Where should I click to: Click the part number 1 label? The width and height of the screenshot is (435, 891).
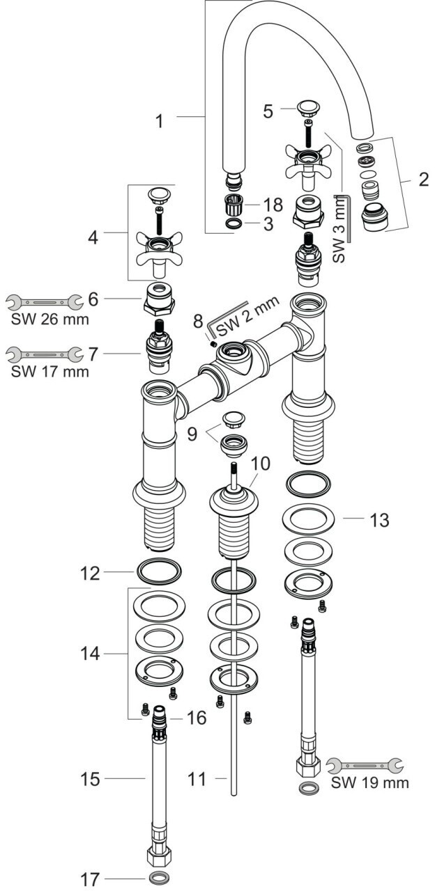160,121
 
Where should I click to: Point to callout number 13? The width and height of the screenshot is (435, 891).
380,519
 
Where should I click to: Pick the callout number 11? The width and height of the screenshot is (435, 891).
197,778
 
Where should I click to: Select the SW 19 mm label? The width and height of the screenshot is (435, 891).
369,782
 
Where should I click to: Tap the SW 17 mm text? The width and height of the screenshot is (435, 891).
50,371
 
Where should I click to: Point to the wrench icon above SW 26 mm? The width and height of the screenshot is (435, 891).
42,302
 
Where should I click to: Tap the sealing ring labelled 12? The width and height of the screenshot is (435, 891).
158,573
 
